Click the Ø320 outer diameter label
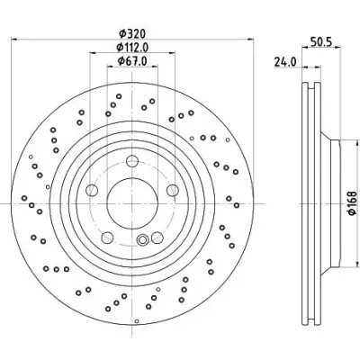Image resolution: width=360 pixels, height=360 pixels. (x=132, y=33)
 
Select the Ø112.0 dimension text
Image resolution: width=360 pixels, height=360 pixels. (x=132, y=47)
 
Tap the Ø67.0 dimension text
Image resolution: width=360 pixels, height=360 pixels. (x=132, y=61)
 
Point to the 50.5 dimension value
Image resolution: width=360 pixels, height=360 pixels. (x=320, y=42)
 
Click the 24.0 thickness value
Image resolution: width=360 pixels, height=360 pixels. (x=285, y=62)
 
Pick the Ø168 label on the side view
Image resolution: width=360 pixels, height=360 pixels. (x=353, y=203)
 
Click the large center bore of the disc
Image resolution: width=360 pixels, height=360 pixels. (x=132, y=203)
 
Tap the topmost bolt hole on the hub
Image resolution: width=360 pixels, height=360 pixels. (x=132, y=161)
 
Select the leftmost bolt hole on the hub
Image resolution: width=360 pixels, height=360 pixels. (x=92, y=190)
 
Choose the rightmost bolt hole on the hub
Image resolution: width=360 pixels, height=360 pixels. (x=173, y=190)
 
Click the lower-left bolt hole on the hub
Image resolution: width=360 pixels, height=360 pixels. (x=107, y=238)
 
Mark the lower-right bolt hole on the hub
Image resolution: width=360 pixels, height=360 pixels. (x=157, y=238)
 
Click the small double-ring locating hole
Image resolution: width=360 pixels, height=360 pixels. (x=142, y=239)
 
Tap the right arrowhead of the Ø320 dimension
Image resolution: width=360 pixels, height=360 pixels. (x=250, y=39)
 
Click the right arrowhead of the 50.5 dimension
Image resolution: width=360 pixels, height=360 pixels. (x=337, y=47)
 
